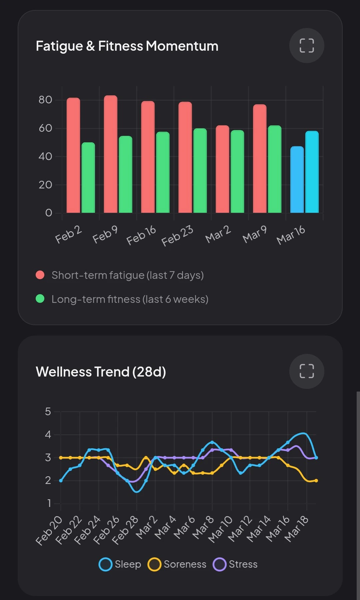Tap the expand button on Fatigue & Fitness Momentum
click(307, 46)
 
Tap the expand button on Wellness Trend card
click(307, 371)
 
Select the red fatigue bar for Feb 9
click(111, 154)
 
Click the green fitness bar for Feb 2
click(88, 178)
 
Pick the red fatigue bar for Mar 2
click(222, 169)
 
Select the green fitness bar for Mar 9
click(275, 169)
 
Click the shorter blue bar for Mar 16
click(297, 179)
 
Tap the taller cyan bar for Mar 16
click(312, 172)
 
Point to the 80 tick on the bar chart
click(45, 100)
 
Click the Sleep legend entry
click(120, 564)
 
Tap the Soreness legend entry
click(177, 564)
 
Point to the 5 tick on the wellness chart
click(48, 412)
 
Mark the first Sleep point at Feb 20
click(61, 481)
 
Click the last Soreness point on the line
click(316, 481)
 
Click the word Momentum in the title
click(182, 46)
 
